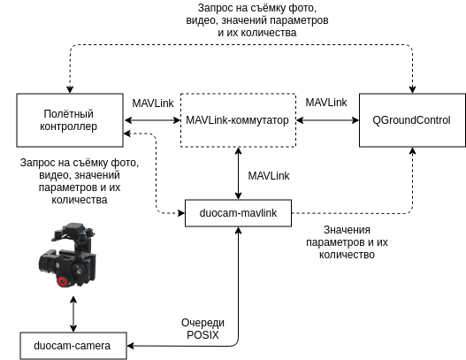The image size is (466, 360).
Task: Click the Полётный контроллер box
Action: coord(69,119)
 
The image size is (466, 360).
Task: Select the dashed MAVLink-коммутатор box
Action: coord(238,119)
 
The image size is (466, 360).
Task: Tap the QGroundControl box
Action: coord(411,119)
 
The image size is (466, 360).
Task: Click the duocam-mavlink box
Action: coord(238,213)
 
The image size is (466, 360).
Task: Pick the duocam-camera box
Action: coord(72,345)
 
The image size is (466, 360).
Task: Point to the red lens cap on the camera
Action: coord(64,281)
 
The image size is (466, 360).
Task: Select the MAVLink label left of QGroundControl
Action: coord(326,103)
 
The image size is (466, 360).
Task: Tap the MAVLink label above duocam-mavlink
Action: coord(268,176)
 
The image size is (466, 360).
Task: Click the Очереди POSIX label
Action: coord(197,328)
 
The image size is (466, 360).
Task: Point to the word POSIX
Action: coord(197,334)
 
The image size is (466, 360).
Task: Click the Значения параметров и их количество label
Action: coord(340,241)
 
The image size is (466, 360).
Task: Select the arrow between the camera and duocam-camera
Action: coord(73,314)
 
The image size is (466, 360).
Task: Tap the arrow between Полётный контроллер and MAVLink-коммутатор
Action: coord(151,120)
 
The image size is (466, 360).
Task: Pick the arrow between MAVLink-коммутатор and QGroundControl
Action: coord(327,120)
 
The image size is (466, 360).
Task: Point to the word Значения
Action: coord(324,230)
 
